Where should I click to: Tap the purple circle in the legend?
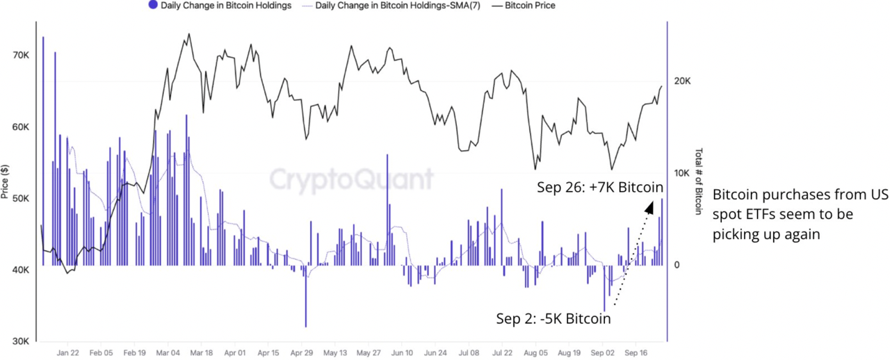(153, 6)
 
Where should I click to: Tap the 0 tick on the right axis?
(678, 265)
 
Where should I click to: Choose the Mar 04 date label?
(168, 352)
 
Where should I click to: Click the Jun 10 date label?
(402, 352)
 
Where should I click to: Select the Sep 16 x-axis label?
(636, 352)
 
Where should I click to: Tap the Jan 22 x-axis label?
(67, 352)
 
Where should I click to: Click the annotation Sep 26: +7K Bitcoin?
(599, 188)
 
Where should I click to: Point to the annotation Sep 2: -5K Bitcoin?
(553, 319)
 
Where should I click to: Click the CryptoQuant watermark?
(351, 179)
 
